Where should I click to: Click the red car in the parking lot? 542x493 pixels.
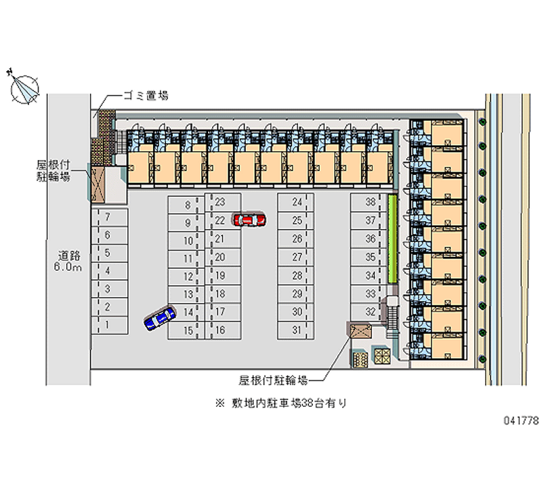249,220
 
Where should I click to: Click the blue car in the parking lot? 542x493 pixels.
160,317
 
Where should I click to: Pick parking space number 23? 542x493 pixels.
221,202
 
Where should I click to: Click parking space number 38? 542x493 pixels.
369,202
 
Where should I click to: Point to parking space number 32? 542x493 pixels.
369,312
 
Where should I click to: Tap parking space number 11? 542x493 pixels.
187,258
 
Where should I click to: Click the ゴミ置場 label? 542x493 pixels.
145,96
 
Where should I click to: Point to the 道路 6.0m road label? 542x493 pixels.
69,262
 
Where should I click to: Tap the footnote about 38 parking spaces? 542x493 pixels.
281,403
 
